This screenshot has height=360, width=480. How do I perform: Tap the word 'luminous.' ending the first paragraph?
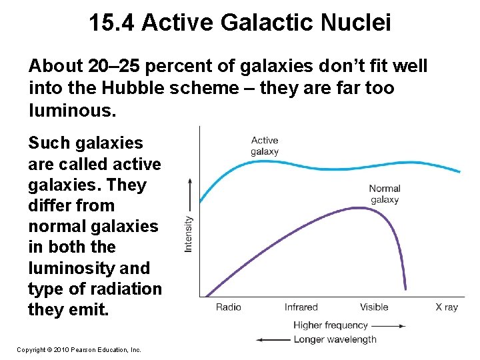[72, 109]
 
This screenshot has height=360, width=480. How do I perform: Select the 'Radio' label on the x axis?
[228, 307]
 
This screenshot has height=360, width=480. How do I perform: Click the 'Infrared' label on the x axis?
[301, 307]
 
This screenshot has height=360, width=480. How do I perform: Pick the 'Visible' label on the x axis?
[373, 307]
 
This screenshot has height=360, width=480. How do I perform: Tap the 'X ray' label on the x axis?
[447, 307]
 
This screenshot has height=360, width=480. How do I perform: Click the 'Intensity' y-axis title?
[189, 233]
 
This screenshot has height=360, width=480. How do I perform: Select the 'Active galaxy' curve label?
[265, 145]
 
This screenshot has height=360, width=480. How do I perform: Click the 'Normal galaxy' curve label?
[384, 194]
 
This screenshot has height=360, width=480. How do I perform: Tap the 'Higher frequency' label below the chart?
[331, 325]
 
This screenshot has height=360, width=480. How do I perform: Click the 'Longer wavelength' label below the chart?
[335, 339]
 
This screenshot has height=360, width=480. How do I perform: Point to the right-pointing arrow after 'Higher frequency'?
[388, 326]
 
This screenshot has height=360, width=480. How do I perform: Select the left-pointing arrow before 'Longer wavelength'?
[273, 339]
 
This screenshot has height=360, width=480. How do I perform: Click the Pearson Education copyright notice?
[79, 349]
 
